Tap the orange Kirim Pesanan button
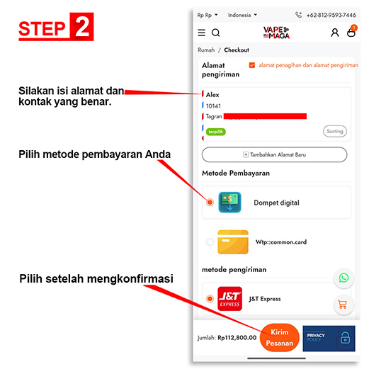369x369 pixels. [279, 337]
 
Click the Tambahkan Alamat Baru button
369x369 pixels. [274, 154]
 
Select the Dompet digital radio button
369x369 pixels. [210, 203]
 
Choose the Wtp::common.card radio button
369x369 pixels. [210, 242]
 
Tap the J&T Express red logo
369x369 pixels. [229, 299]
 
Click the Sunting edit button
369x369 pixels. [335, 131]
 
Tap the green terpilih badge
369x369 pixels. [216, 132]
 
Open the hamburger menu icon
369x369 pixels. [201, 33]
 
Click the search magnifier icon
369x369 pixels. [215, 33]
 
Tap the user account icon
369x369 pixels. [335, 33]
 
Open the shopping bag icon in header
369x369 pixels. [351, 33]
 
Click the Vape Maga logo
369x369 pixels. [276, 33]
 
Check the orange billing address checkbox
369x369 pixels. [252, 65]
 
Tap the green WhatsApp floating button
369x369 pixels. [344, 278]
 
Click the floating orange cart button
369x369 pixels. [344, 305]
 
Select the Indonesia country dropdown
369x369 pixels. [242, 15]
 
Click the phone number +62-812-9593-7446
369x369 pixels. [331, 15]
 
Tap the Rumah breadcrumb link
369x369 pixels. [206, 50]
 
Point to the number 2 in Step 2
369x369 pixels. [81, 27]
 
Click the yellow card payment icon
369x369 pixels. [233, 242]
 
